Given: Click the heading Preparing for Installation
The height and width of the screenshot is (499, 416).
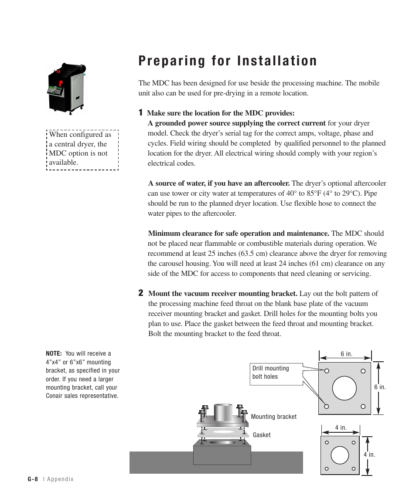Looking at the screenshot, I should (x=228, y=61).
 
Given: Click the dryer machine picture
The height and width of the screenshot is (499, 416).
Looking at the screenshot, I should (x=67, y=88).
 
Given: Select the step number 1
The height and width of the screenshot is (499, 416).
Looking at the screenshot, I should (x=140, y=113).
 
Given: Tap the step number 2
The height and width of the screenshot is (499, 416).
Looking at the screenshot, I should (x=141, y=293).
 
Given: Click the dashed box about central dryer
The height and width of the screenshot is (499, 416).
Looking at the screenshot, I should (x=82, y=149).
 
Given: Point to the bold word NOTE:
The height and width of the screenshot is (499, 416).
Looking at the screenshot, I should (x=54, y=354).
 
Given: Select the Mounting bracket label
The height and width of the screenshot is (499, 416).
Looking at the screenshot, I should (x=273, y=417).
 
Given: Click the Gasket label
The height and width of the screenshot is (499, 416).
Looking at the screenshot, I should (x=262, y=435).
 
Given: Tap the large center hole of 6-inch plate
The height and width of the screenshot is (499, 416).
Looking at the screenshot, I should (x=345, y=388).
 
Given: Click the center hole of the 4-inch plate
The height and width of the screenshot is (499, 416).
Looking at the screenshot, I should (x=340, y=455).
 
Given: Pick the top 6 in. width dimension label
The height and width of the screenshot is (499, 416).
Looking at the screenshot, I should (x=346, y=354).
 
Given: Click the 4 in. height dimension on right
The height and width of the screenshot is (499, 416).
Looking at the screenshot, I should (x=369, y=455).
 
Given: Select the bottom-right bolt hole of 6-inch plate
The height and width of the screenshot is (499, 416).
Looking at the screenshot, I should (x=363, y=406).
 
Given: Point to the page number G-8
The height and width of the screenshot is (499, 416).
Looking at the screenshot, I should (x=33, y=479).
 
